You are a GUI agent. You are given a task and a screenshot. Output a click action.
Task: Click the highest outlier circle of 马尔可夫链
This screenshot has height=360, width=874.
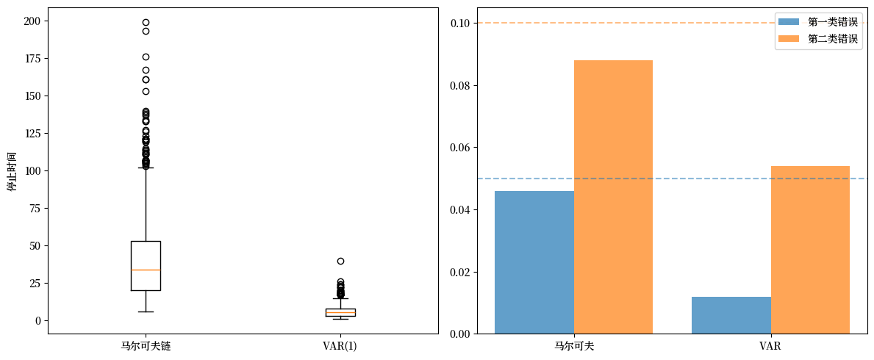(x=146, y=23)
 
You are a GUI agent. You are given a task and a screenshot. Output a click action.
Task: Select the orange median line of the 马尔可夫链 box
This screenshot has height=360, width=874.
(x=146, y=270)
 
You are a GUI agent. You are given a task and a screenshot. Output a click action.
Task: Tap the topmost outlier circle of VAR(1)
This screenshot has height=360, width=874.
(x=340, y=261)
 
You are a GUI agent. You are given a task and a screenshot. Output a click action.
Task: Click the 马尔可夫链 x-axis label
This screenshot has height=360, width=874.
(x=146, y=345)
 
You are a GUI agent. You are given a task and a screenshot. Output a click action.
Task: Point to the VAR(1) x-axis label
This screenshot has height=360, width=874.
(x=340, y=345)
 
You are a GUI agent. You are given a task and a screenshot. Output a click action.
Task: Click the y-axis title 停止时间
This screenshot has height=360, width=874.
(x=11, y=170)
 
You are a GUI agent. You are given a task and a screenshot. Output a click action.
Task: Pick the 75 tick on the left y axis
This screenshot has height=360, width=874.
(x=34, y=208)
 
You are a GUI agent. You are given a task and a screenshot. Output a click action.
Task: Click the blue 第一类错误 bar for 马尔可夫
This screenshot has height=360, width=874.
(x=534, y=262)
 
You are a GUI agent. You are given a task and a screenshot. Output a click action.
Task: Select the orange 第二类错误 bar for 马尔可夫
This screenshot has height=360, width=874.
(x=613, y=197)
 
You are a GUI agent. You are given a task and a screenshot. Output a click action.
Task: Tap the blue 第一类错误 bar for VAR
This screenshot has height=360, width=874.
(x=731, y=315)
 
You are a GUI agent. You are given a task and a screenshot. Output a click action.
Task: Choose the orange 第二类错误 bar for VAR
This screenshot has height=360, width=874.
(x=810, y=250)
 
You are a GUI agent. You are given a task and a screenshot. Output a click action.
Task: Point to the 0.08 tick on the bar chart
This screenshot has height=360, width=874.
(x=461, y=85)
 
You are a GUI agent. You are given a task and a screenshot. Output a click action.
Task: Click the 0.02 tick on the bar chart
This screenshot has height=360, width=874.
(x=461, y=272)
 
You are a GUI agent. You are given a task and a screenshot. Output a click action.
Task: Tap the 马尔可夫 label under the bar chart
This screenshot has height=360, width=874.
(x=574, y=345)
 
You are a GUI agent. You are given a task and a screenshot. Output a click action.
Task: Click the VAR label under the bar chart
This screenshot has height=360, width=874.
(x=770, y=345)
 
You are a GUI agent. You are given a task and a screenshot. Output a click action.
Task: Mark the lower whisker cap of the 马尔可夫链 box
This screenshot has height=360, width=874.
(x=146, y=312)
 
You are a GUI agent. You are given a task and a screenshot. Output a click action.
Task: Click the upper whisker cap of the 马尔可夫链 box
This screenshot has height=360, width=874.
(x=146, y=168)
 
